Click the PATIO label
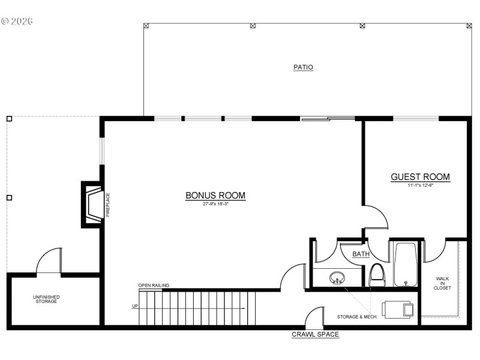point(303,67)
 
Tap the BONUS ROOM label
point(215,196)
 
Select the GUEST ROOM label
point(420,177)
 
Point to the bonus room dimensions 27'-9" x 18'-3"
point(215,205)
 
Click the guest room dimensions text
point(420,185)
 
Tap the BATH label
point(361,254)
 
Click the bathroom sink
point(337,278)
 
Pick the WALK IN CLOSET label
point(443,283)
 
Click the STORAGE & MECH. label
point(357,316)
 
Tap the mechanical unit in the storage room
point(399,309)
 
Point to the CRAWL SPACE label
point(315,334)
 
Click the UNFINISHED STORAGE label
point(46,299)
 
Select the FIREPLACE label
point(108,205)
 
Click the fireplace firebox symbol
point(93,204)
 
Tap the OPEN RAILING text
point(154,286)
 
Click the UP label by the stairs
point(135,307)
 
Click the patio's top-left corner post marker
point(146,26)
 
